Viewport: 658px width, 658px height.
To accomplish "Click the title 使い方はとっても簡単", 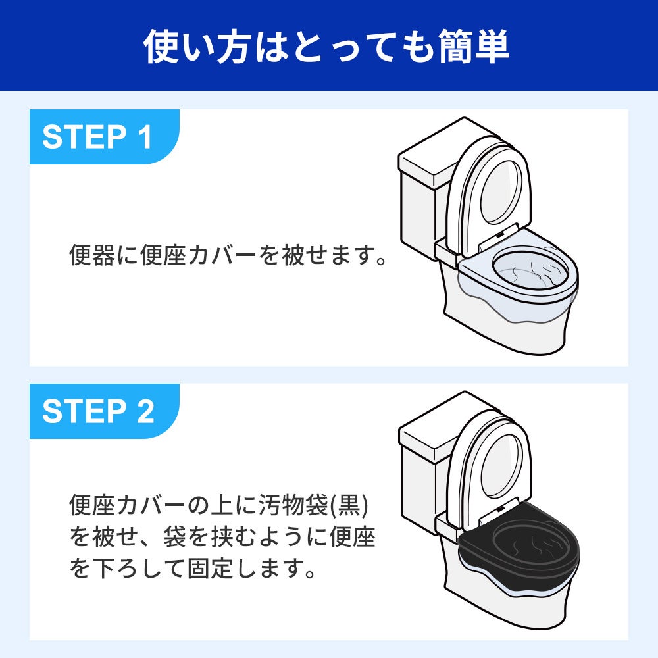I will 327,46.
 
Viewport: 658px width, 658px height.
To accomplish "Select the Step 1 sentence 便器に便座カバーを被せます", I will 228,255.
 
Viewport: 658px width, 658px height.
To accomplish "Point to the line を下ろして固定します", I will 191,568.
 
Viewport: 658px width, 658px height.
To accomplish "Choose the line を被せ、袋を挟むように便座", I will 222,537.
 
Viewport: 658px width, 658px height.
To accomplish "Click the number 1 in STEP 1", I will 144,137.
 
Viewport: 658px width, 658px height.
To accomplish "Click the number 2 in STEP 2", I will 144,411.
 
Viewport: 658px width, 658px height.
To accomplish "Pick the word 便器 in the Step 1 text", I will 93,255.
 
